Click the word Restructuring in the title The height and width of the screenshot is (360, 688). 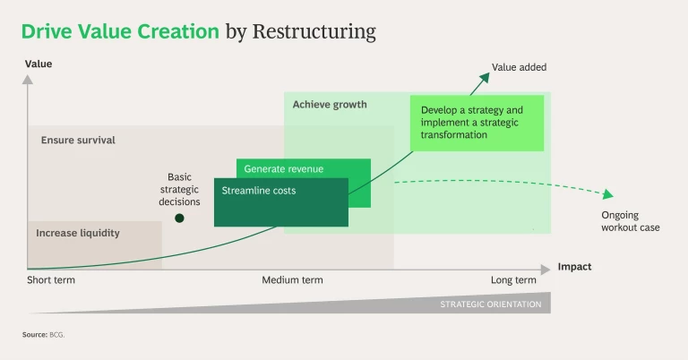(314, 32)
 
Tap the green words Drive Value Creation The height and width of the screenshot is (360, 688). (120, 32)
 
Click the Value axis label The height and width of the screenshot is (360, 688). (39, 64)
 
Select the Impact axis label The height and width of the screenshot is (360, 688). (574, 267)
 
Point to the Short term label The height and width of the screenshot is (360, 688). (51, 280)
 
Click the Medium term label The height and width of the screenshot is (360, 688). (292, 280)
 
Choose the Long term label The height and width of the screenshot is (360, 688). (513, 280)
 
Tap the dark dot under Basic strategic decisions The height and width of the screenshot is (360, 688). (179, 218)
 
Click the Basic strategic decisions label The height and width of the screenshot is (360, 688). (179, 189)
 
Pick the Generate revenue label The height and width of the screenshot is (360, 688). (284, 168)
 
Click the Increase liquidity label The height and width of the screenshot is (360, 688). (78, 234)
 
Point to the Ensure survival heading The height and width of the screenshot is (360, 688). (78, 141)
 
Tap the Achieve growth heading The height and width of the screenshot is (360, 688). (330, 105)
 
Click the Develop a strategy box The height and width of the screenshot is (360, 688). (477, 123)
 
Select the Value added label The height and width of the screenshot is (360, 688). (519, 67)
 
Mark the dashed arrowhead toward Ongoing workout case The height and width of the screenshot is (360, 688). (608, 195)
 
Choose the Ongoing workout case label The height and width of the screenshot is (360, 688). (631, 221)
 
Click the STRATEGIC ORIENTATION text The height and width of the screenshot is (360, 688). (490, 304)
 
